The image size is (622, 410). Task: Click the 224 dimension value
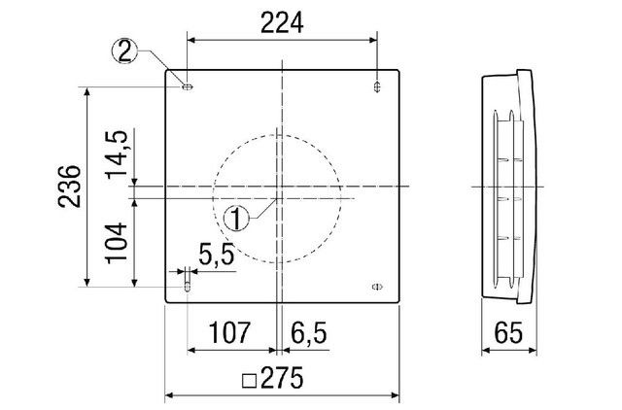coord(282,23)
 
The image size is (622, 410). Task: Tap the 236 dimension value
coord(69,186)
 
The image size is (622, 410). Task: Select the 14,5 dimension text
coord(116,154)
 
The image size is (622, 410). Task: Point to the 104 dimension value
coord(116,243)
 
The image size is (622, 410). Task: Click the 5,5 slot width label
coord(217,255)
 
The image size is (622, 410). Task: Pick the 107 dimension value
coord(229,332)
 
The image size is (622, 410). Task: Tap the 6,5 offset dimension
coord(309,332)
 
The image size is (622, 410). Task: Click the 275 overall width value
coord(282,378)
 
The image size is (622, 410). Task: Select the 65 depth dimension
coord(508,332)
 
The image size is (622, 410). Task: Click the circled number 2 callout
coord(125,51)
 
